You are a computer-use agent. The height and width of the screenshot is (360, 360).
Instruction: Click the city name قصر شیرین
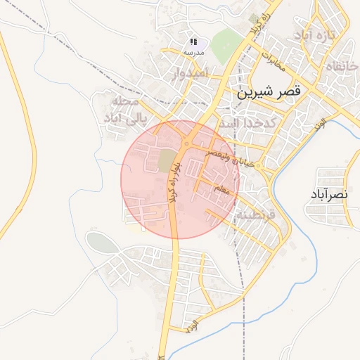(x=269, y=91)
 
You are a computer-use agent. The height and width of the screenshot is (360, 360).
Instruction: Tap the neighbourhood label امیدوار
(x=190, y=72)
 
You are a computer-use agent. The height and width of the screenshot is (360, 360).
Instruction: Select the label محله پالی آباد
(x=119, y=110)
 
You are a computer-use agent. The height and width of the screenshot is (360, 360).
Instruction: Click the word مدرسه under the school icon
(x=193, y=53)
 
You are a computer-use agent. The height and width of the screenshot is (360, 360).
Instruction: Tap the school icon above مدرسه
(x=193, y=42)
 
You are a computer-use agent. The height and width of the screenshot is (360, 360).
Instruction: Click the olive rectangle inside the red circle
(x=167, y=160)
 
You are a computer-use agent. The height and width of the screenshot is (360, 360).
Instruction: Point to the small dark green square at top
(x=253, y=18)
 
